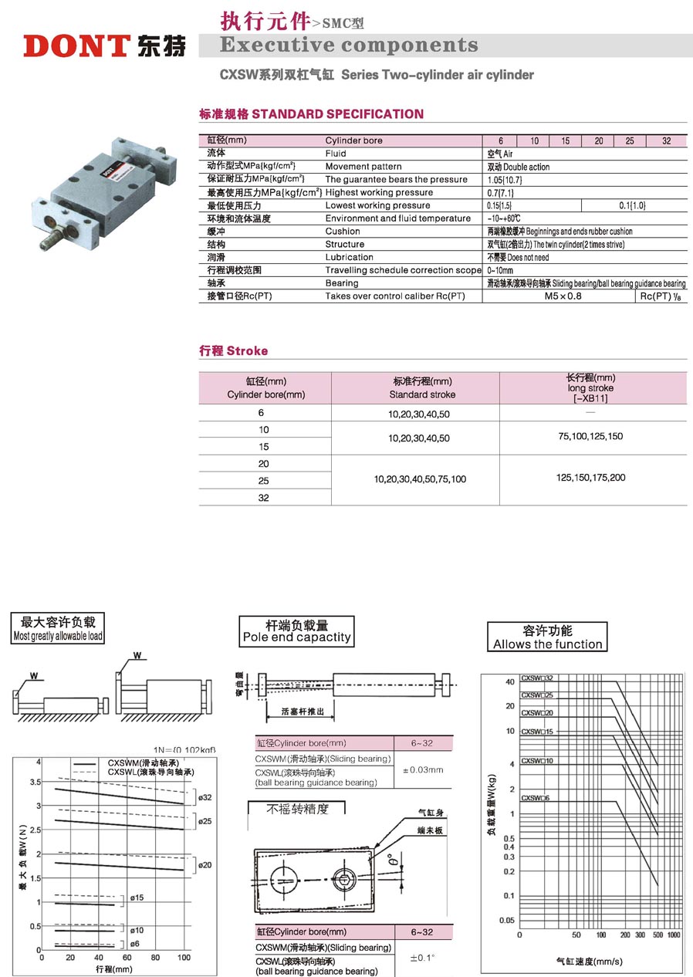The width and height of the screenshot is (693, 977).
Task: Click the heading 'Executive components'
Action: (349, 45)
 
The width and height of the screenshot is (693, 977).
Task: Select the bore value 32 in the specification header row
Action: (667, 141)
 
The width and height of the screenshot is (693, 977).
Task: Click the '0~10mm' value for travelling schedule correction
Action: (500, 270)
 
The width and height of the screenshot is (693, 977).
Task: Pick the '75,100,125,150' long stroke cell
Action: (590, 437)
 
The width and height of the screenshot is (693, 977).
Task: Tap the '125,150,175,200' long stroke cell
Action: (590, 478)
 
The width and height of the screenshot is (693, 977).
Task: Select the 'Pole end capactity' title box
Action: (296, 630)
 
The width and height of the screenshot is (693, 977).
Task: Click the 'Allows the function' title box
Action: (547, 637)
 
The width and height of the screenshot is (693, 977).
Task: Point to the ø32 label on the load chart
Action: (205, 797)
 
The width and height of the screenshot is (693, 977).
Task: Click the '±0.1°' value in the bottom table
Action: (421, 958)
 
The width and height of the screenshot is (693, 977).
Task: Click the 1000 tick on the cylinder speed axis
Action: (673, 935)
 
